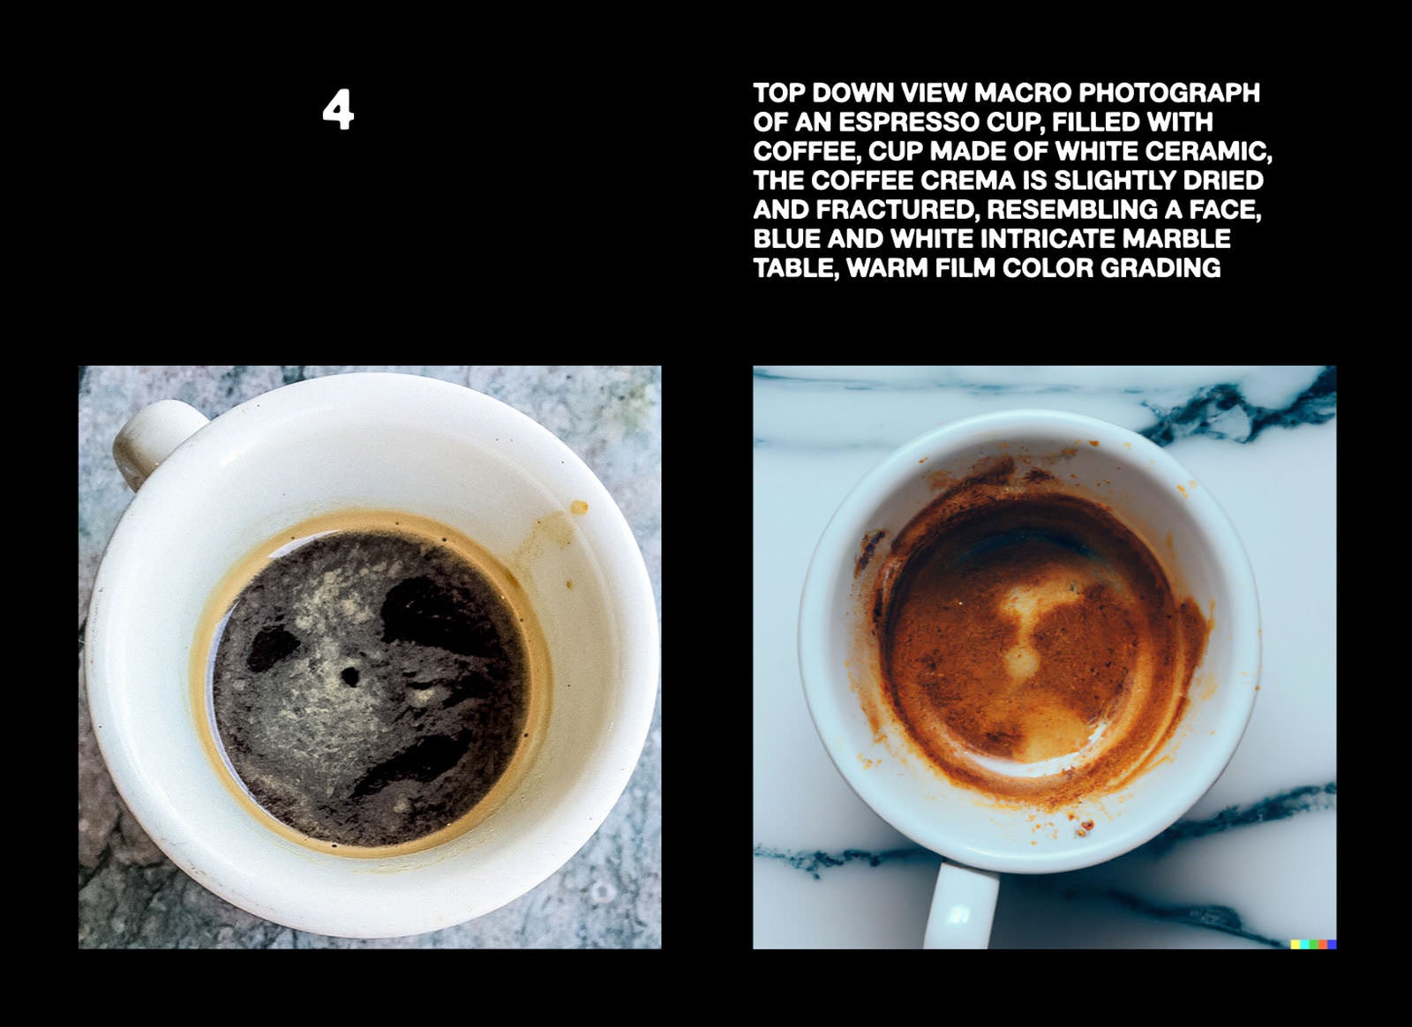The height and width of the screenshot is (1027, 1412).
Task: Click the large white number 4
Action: (338, 109)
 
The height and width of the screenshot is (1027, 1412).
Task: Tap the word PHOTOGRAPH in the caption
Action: (1169, 94)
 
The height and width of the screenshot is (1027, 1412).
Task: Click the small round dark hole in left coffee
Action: (349, 677)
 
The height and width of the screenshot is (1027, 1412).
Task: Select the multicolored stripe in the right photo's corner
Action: (1313, 944)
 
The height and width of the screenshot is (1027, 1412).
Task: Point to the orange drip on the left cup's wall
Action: (579, 506)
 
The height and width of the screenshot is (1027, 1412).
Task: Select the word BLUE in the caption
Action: (786, 239)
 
